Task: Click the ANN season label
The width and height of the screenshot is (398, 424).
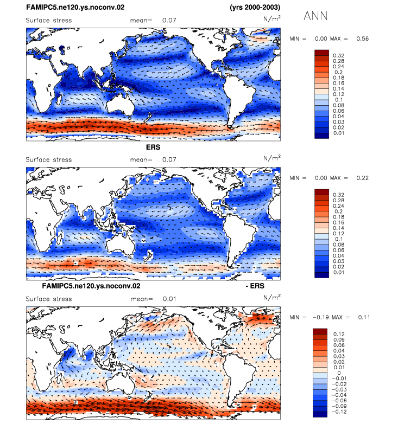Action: (315, 16)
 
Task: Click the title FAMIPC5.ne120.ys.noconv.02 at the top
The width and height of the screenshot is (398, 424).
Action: (75, 7)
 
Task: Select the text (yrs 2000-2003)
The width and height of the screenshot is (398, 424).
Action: (255, 7)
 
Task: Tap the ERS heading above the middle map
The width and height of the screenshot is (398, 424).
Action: (153, 147)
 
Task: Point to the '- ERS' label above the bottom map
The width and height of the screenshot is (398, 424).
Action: (255, 286)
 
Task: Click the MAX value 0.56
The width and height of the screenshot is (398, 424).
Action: (363, 38)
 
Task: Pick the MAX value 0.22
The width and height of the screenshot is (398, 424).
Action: (363, 178)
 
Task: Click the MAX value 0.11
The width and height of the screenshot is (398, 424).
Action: (364, 317)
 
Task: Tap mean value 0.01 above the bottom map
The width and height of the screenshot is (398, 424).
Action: (169, 299)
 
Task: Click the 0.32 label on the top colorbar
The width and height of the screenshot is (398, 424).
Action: (339, 55)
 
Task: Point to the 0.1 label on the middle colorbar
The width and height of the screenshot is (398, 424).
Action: (339, 239)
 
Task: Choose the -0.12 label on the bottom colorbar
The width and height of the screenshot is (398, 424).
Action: (339, 412)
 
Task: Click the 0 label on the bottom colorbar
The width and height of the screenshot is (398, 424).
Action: (339, 373)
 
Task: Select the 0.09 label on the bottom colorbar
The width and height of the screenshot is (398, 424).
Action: (339, 339)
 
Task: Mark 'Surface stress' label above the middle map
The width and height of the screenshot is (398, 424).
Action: (49, 159)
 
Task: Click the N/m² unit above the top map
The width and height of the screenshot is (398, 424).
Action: (272, 19)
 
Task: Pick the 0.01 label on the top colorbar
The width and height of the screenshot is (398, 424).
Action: (339, 133)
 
